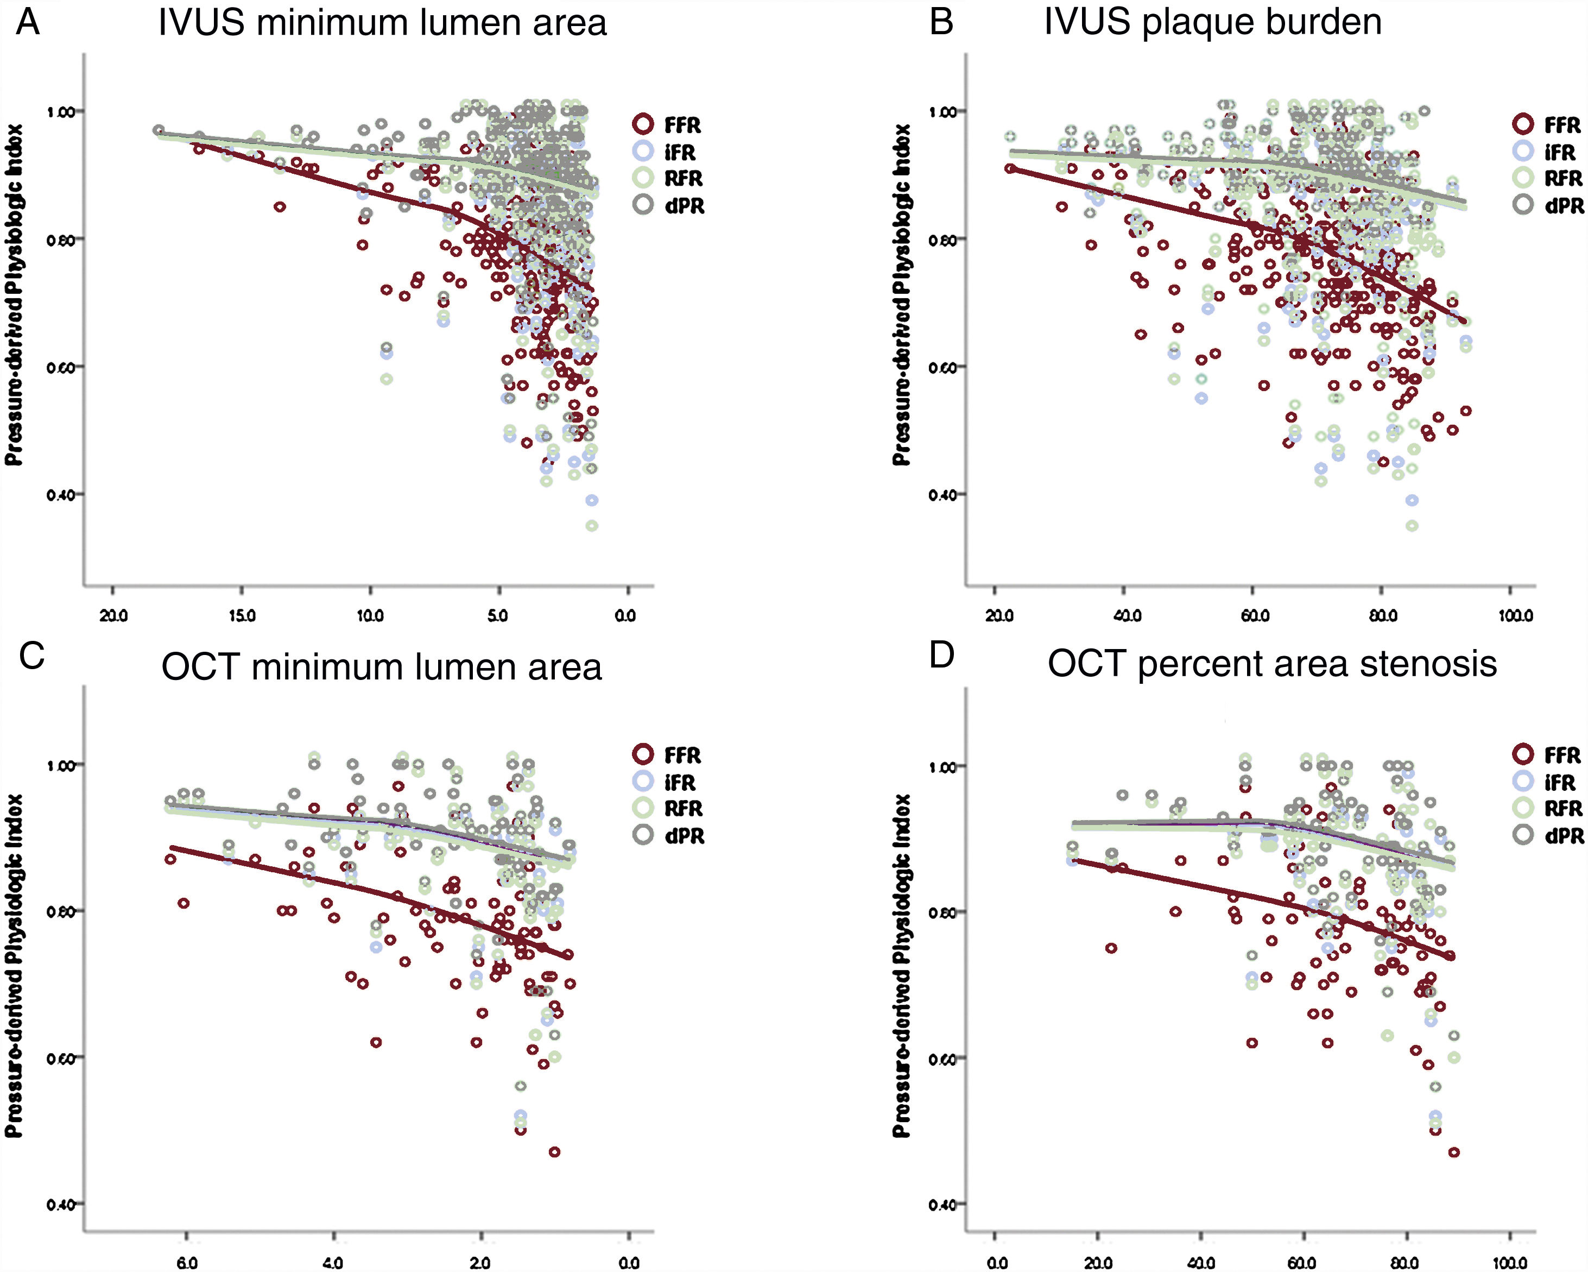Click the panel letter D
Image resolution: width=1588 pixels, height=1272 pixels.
point(941,654)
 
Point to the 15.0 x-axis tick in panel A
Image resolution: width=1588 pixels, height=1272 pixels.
point(242,615)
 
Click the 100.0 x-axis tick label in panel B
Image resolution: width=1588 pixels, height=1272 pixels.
point(1516,615)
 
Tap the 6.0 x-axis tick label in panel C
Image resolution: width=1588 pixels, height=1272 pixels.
point(187,1262)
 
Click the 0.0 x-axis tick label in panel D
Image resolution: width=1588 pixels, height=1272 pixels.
point(997,1262)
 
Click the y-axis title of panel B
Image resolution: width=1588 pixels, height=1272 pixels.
point(902,295)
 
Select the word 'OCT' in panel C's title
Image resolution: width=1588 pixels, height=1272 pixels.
point(199,667)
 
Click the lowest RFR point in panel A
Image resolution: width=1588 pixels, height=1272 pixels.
point(591,525)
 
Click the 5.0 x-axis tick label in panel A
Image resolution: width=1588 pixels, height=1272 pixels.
point(498,615)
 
